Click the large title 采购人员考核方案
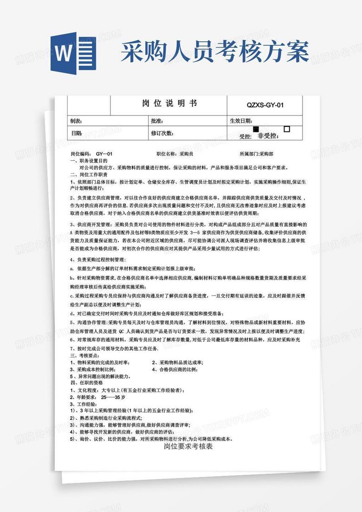215,51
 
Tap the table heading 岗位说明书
169,103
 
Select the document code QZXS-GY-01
264,105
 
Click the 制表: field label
76,121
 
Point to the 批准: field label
156,121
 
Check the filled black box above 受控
256,129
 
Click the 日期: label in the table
77,133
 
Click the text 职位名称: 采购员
175,153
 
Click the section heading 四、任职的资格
86,383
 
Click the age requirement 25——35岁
113,397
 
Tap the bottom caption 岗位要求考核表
188,446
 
